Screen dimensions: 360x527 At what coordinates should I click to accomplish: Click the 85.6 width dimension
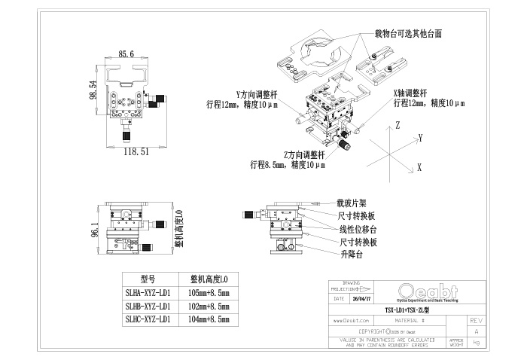tap(126, 54)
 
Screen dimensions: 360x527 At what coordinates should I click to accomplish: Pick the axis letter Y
tap(421, 138)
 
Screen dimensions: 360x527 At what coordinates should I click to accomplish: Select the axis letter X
tap(419, 169)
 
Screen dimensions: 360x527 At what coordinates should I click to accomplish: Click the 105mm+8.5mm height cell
tap(207, 292)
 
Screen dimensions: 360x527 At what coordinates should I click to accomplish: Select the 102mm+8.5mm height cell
tap(207, 307)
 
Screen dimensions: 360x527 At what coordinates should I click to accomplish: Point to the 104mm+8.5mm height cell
tap(207, 320)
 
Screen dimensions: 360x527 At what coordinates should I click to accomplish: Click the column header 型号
tap(148, 278)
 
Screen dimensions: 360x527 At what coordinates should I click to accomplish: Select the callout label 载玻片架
tap(352, 203)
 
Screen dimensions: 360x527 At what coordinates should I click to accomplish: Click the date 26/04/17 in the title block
tap(361, 298)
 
